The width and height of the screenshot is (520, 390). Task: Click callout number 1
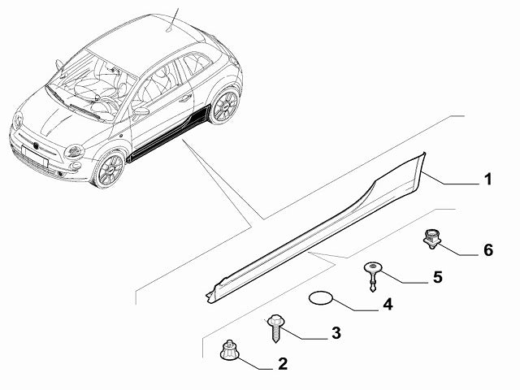(487, 179)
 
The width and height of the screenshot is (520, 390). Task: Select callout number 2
(282, 364)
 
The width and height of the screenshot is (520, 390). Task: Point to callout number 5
(437, 277)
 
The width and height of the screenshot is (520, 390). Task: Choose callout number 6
(487, 249)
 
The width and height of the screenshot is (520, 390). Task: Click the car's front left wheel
(108, 168)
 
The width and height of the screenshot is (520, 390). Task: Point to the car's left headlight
(75, 151)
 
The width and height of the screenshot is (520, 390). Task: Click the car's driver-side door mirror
(141, 110)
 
